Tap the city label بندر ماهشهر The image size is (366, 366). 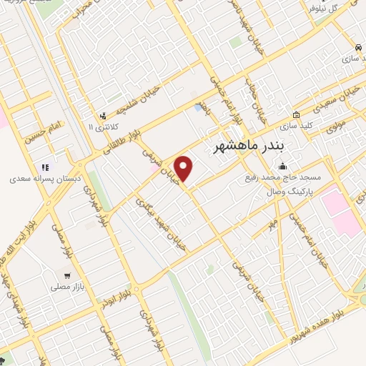click(250, 146)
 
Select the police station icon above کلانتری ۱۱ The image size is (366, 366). click(104, 114)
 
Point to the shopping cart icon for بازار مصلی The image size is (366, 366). click(67, 274)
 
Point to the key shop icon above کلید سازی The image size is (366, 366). click(297, 114)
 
